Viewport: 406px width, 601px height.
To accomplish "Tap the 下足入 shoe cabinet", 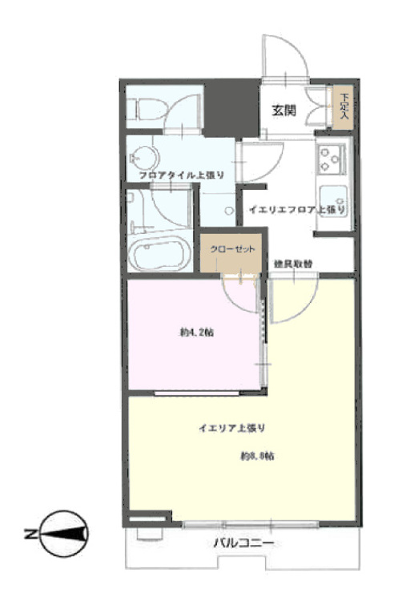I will click(x=344, y=107).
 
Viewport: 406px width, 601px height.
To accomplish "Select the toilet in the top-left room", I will click(x=149, y=107).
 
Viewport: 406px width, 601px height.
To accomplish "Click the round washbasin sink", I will click(x=146, y=155).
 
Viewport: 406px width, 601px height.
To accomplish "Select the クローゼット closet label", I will click(x=232, y=249).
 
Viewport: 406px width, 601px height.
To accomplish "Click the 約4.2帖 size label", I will click(x=196, y=333).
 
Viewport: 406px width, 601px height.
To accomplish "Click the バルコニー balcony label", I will click(x=243, y=544).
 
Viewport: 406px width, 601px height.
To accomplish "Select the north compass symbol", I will click(x=63, y=534).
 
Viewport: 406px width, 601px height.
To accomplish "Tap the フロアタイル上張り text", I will click(x=182, y=174).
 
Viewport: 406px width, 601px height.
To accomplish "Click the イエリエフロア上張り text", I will click(x=295, y=210).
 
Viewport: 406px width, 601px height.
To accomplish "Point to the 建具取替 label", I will click(x=292, y=263).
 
